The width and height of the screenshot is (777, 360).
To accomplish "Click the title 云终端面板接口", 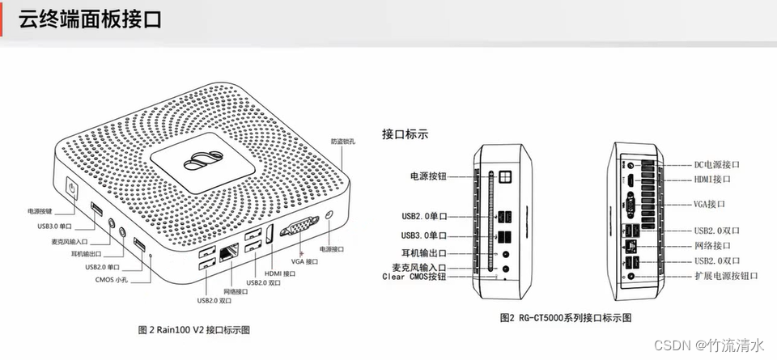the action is coord(90,19).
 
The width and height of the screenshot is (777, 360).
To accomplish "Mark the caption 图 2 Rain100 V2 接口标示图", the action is coord(193,329).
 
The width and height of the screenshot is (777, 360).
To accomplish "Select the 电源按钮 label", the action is coord(428,175).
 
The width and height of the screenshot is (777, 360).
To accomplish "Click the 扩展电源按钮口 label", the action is coord(726,276).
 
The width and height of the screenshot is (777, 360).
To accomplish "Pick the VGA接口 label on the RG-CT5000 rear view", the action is coord(709,204).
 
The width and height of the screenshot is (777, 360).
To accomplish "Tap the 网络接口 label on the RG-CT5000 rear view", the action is coord(712,245).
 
